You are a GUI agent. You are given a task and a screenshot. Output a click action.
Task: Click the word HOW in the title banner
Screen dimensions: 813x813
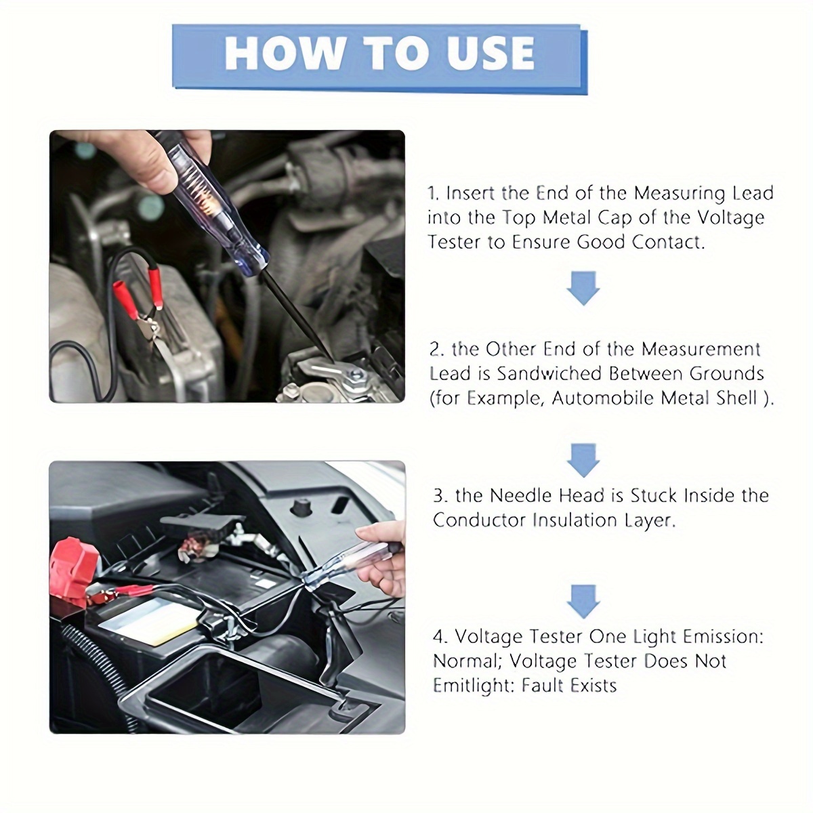point(284,53)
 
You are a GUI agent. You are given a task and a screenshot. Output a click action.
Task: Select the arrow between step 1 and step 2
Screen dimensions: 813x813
point(583,288)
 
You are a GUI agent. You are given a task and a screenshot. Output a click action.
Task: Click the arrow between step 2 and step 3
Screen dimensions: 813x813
point(583,460)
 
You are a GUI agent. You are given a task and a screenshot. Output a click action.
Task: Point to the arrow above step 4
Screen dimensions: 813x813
point(583,602)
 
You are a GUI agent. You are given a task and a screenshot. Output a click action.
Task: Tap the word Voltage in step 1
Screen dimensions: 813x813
point(730,218)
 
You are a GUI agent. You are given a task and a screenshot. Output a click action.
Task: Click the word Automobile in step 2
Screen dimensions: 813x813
point(608,398)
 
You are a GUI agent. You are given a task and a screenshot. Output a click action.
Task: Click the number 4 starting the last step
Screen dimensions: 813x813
point(440,637)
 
